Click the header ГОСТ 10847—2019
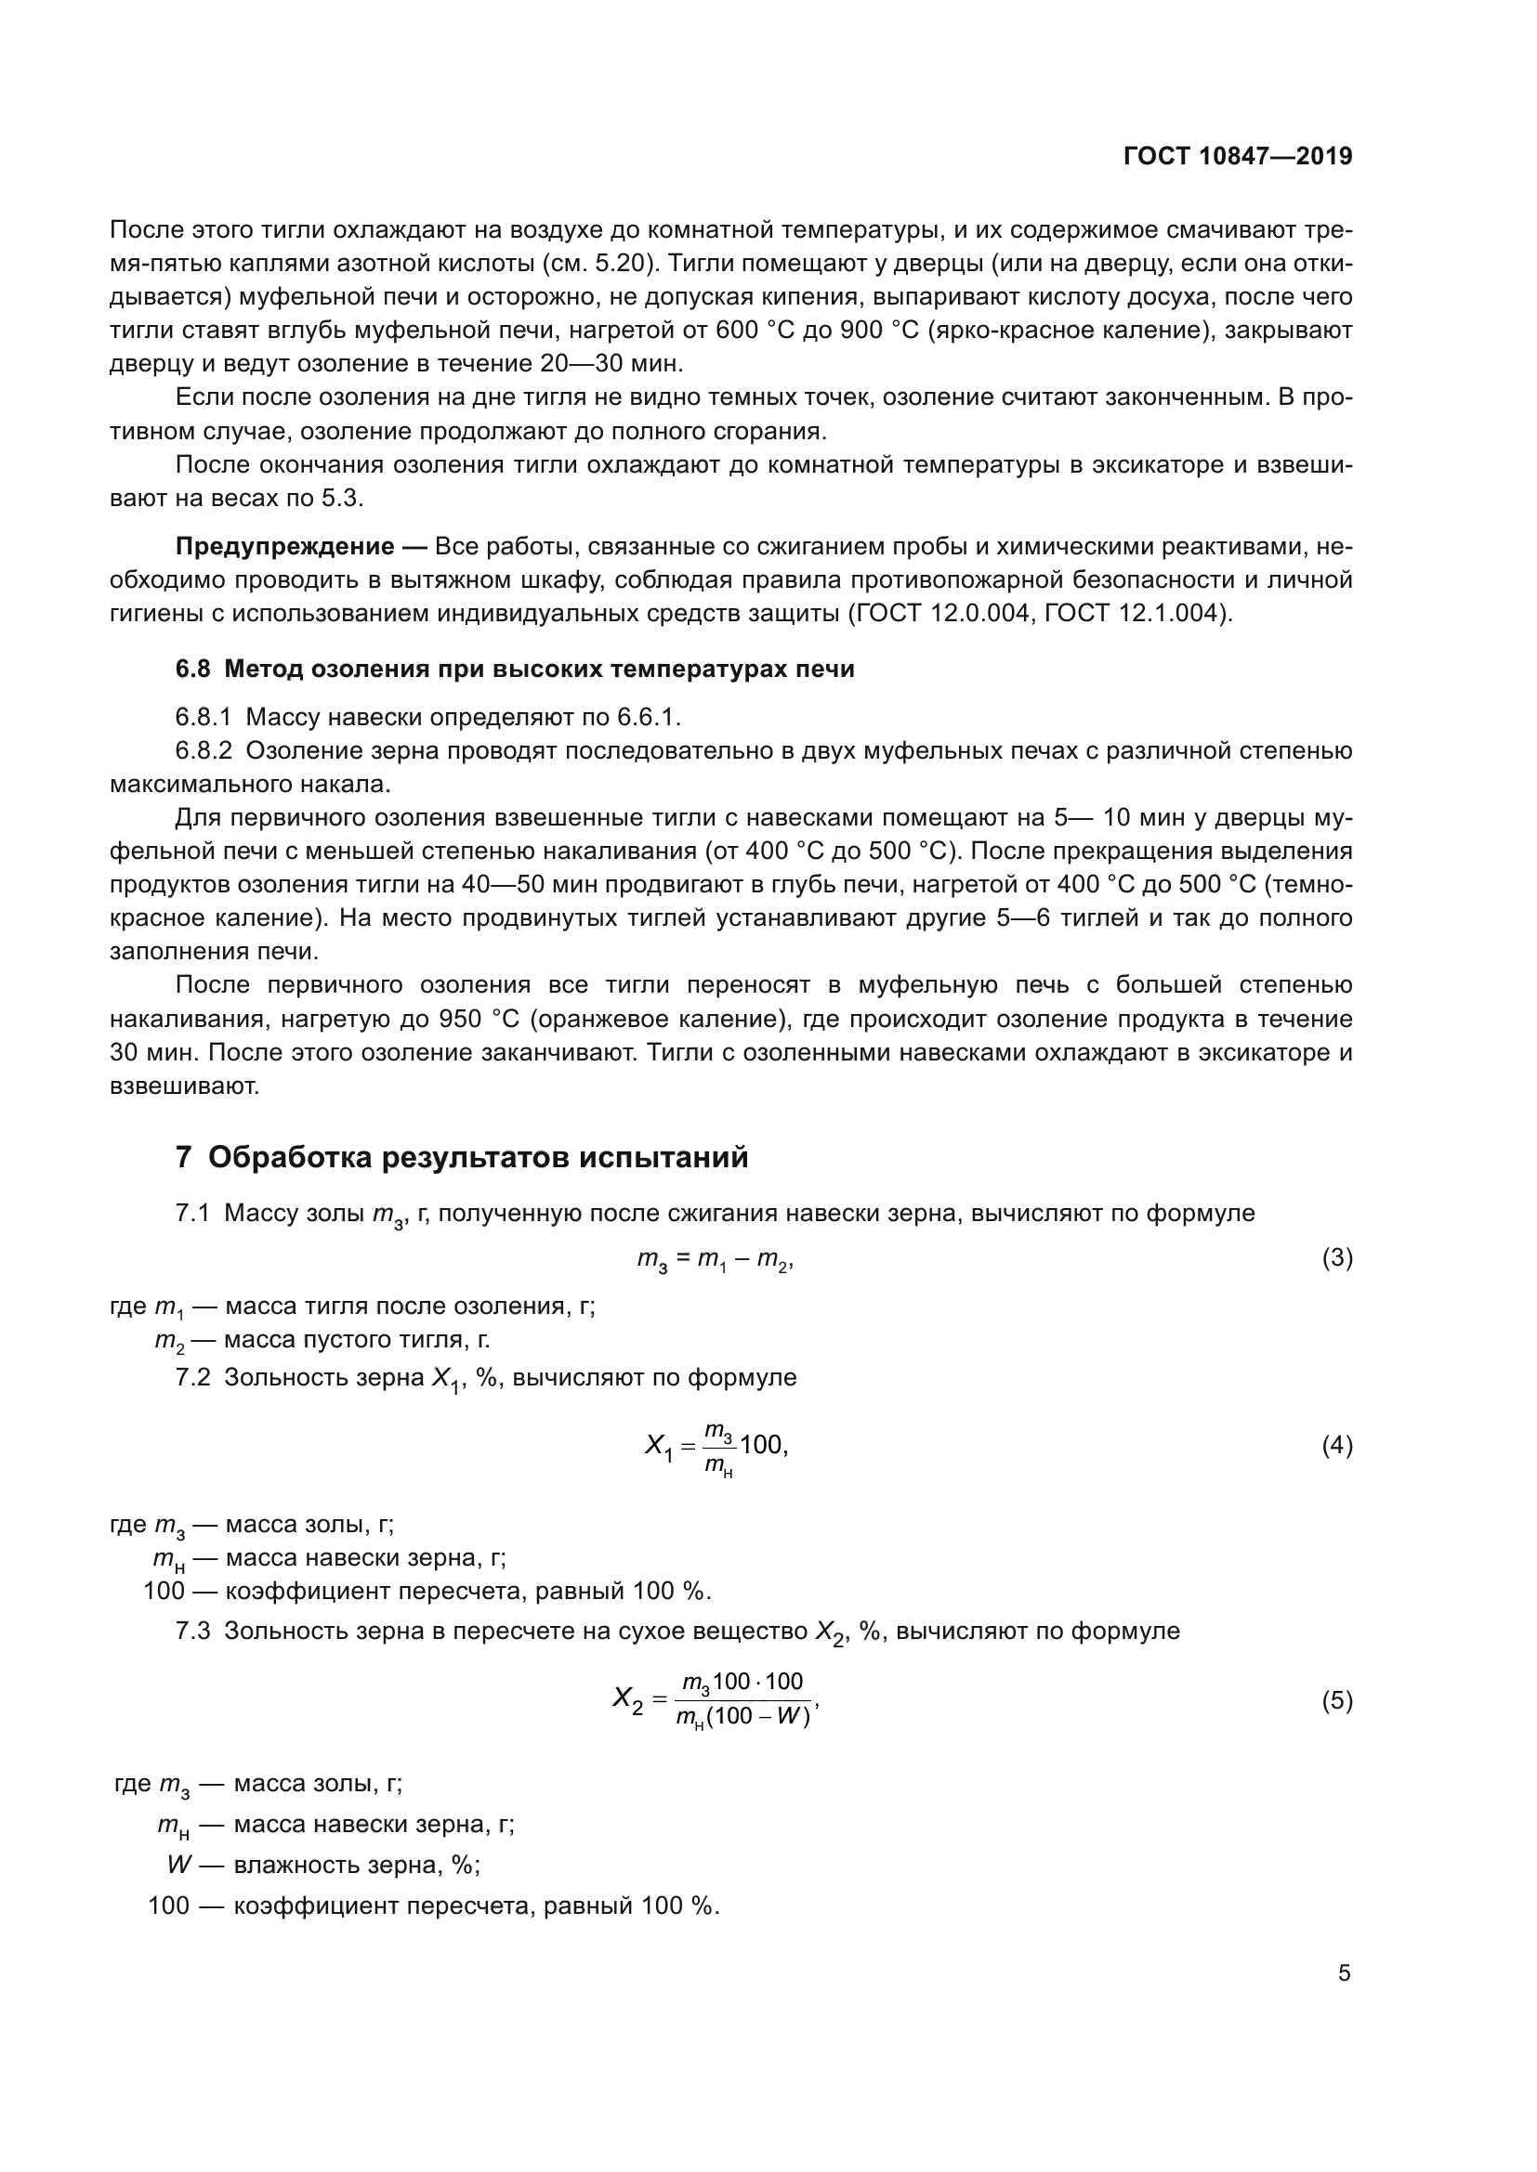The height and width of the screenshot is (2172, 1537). click(1237, 156)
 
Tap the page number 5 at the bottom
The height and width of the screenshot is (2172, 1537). click(1344, 1972)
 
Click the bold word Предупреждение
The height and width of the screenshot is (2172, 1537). click(285, 547)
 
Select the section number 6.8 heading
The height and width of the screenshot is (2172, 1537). click(193, 669)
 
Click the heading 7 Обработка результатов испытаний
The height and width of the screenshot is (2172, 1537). click(462, 1157)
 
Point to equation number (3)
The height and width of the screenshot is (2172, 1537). click(1336, 1258)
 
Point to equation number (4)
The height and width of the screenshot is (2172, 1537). click(1336, 1446)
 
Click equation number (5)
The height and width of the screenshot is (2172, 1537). click(1336, 1701)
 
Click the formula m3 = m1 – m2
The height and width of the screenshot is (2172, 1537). click(715, 1260)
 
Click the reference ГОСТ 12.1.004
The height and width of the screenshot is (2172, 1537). click(1143, 614)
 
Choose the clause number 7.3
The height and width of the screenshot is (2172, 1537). click(193, 1632)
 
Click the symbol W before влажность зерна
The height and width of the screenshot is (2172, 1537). click(178, 1865)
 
